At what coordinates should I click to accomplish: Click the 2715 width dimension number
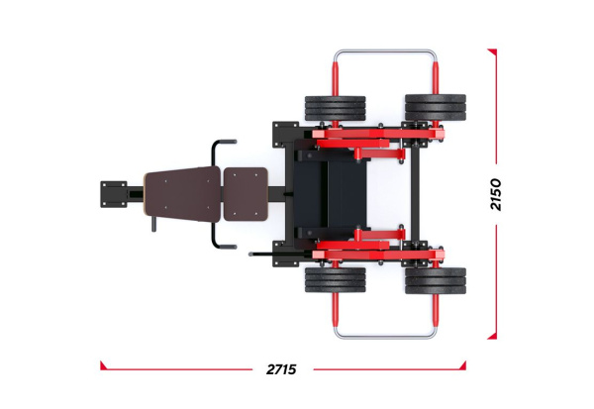[x=281, y=368]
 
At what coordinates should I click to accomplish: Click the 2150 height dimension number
[x=496, y=194]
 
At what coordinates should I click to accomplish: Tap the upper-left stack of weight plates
[x=336, y=108]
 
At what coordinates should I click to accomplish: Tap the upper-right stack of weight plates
[x=436, y=108]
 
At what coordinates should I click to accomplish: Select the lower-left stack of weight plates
[x=336, y=280]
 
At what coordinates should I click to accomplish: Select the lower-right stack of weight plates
[x=436, y=281]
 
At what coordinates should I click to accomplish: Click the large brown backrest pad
[x=182, y=194]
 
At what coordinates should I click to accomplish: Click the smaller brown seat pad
[x=246, y=194]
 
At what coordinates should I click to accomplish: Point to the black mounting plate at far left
[x=114, y=194]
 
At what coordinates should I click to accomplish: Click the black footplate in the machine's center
[x=330, y=194]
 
